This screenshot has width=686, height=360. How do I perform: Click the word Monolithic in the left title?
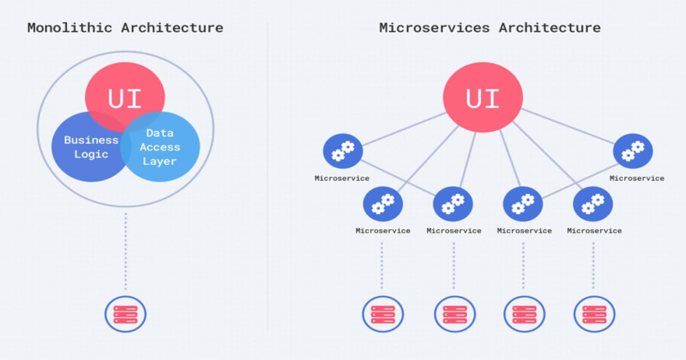69,28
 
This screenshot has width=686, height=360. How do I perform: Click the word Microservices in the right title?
434,28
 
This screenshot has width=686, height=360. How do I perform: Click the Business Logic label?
91,147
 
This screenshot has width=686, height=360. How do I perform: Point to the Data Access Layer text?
159,147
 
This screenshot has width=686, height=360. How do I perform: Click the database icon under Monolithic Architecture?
126,314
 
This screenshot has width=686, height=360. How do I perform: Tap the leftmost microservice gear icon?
343,151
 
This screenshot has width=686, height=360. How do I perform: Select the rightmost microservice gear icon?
633,151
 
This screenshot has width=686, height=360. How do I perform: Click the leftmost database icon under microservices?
383,314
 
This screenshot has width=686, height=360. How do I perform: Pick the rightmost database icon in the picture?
594,314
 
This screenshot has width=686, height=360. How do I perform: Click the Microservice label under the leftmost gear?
342,178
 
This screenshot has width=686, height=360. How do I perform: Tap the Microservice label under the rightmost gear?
637,178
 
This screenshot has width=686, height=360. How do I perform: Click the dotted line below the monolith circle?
126,251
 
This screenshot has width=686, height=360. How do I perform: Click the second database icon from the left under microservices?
454,314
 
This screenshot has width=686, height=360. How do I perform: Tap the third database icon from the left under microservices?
524,314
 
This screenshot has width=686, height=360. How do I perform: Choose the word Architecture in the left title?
172,28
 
